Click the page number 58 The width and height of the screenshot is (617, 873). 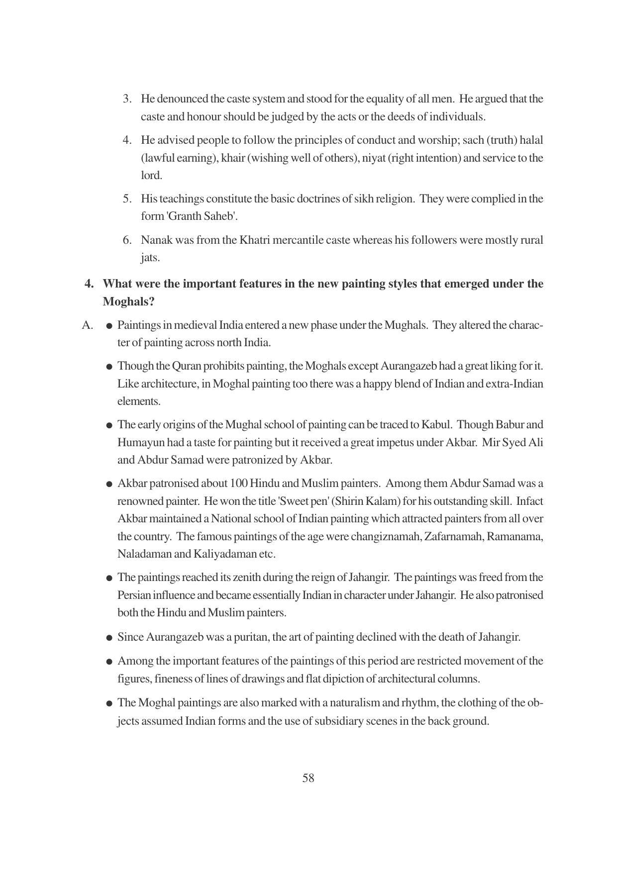[x=308, y=778]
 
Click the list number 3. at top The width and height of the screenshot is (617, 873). [x=127, y=99]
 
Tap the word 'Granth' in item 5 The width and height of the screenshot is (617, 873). [x=184, y=216]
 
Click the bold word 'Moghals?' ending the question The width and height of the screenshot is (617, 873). [x=128, y=302]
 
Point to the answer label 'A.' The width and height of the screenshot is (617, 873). [x=88, y=325]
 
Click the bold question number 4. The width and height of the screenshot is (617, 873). [x=90, y=284]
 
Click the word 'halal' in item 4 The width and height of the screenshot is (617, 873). [x=531, y=140]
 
